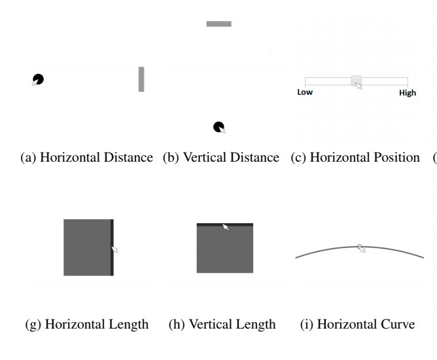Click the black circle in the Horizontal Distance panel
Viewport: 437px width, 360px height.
[38, 79]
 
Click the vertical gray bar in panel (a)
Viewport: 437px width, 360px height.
[141, 79]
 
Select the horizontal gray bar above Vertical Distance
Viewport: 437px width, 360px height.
[218, 24]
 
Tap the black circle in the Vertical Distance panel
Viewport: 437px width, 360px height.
[218, 127]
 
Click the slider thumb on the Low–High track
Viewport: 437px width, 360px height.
[356, 81]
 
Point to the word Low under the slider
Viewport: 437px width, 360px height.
[305, 92]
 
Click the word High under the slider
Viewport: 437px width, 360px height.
[408, 93]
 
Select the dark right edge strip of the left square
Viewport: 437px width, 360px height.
[112, 247]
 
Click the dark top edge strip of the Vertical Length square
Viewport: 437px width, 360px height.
[225, 225]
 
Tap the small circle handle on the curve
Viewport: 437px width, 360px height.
[360, 247]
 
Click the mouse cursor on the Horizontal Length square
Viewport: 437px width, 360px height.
[115, 249]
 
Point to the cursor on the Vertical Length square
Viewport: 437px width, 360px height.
[226, 226]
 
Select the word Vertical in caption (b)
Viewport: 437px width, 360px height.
[204, 157]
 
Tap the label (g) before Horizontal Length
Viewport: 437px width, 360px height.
[33, 324]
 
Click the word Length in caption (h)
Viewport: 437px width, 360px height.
[254, 324]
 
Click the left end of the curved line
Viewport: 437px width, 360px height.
[296, 258]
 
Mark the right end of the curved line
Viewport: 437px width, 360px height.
[424, 258]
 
